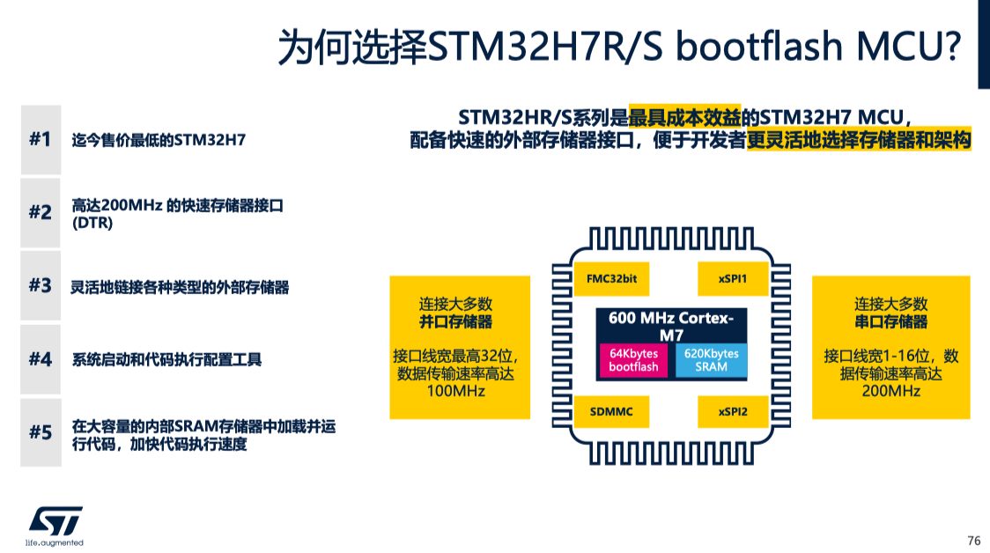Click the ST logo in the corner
tap(55, 525)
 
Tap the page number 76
tap(973, 541)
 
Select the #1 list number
tap(41, 139)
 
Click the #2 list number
tap(41, 212)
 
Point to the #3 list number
tap(41, 285)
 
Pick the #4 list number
tap(41, 358)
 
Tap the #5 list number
tap(41, 432)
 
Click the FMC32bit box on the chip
tap(611, 279)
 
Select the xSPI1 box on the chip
tap(733, 279)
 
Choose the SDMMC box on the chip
tap(611, 411)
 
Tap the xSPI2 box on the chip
tap(733, 411)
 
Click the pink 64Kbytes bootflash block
tap(633, 360)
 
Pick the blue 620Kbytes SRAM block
tap(711, 360)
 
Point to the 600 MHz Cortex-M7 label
tap(671, 327)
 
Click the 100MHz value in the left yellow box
tap(456, 391)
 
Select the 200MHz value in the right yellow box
tap(890, 391)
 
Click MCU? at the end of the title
tap(909, 46)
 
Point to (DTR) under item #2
tap(92, 223)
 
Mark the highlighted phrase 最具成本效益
tap(684, 117)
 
